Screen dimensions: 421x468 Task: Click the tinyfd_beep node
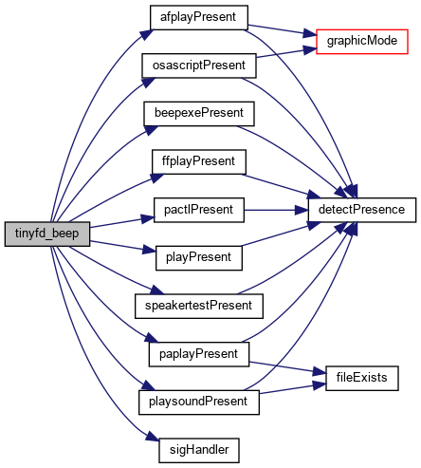[47, 234]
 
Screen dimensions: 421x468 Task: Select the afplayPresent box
[199, 17]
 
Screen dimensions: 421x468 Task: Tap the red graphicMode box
[362, 42]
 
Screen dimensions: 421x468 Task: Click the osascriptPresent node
[199, 66]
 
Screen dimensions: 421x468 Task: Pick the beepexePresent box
[199, 114]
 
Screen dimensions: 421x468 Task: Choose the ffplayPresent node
[199, 161]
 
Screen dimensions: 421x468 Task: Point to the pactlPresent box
[199, 210]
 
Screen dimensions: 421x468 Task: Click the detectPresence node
[362, 210]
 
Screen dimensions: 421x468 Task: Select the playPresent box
[199, 258]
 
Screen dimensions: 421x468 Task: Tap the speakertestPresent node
[199, 306]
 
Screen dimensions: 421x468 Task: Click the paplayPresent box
[199, 354]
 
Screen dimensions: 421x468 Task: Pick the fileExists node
[362, 378]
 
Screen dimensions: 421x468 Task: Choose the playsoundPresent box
[199, 402]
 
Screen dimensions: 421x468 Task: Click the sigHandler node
[199, 450]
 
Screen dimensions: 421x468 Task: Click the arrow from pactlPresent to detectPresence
[276, 210]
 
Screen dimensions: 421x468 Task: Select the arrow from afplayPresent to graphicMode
[282, 30]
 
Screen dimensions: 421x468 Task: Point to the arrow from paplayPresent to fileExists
[287, 367]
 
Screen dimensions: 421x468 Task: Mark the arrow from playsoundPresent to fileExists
[292, 389]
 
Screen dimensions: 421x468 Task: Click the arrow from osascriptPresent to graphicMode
[286, 53]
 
